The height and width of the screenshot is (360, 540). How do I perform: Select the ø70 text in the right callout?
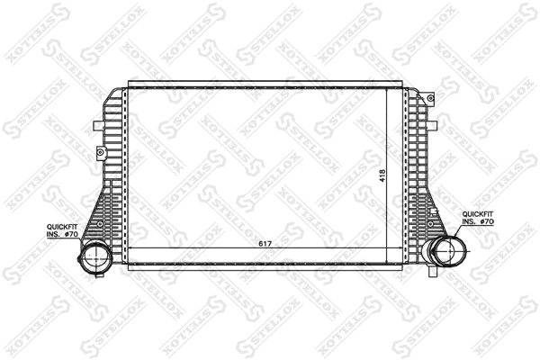(488, 221)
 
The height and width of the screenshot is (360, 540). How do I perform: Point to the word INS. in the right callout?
(469, 221)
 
